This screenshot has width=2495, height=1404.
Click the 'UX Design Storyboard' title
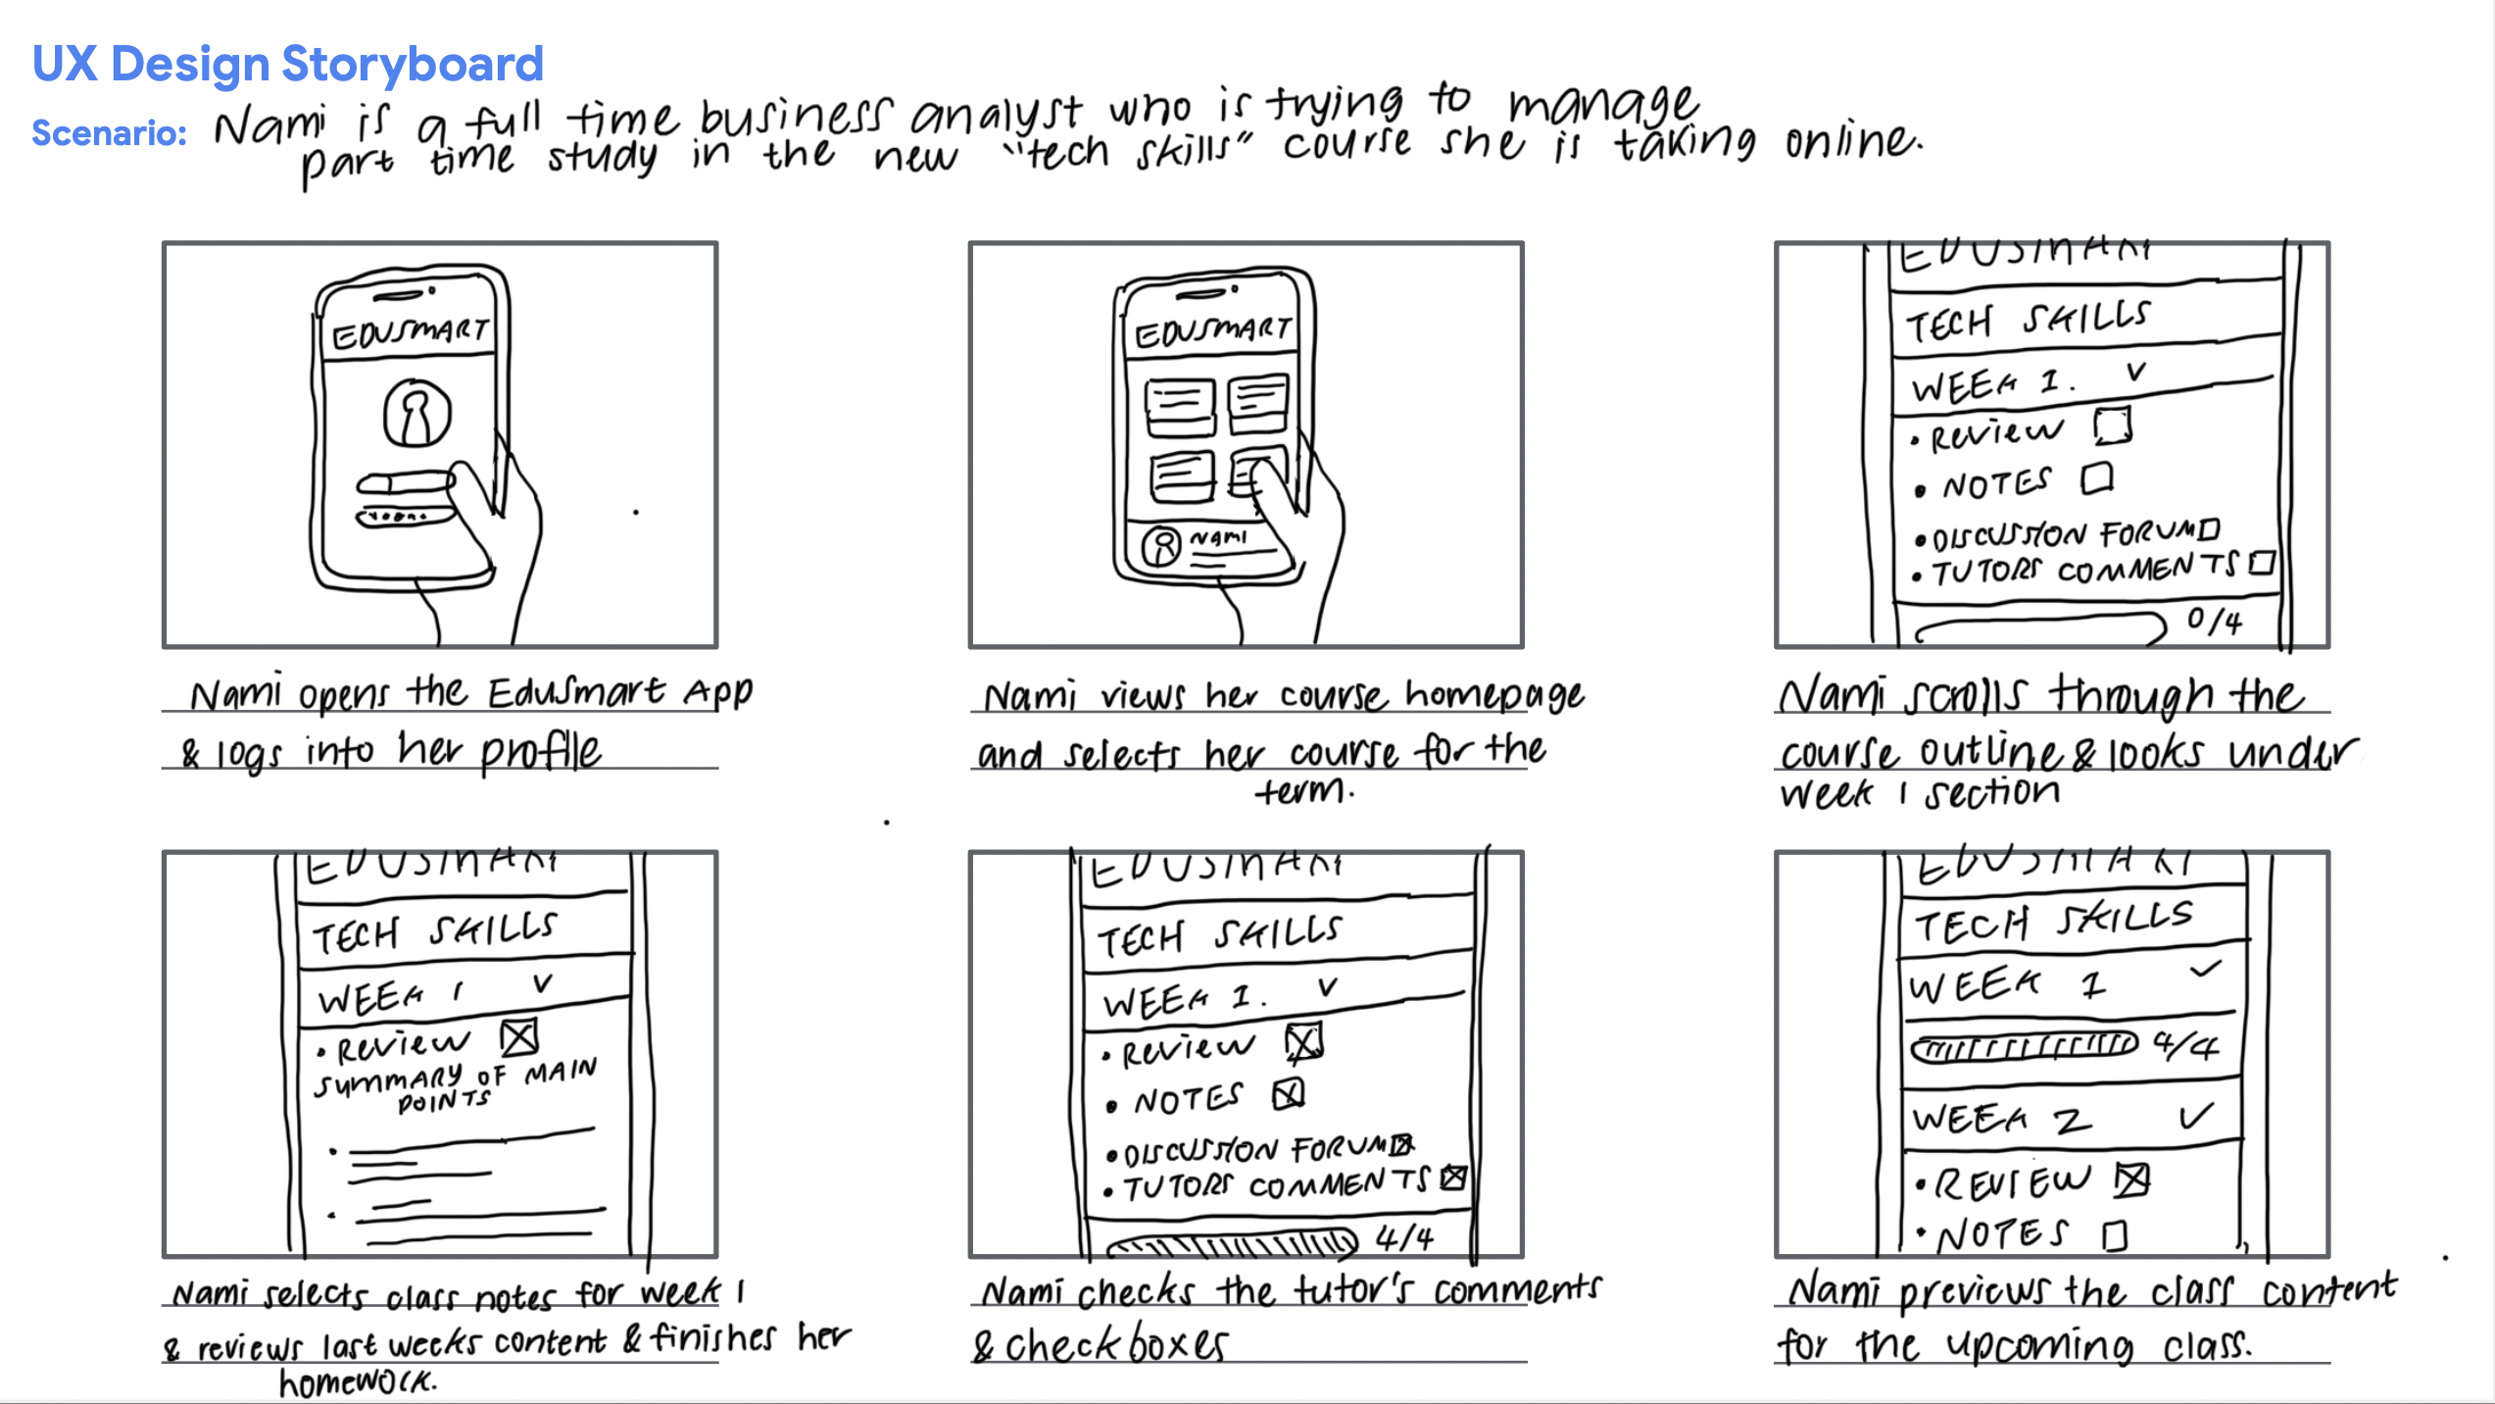[287, 65]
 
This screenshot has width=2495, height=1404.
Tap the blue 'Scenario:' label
[109, 132]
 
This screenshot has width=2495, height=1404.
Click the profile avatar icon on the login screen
[416, 413]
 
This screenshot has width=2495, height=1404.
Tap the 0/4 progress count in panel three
[2214, 620]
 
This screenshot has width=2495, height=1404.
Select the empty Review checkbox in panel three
[2112, 426]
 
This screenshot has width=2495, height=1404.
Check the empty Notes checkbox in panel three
[2096, 478]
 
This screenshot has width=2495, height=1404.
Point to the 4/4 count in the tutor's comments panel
[1404, 1237]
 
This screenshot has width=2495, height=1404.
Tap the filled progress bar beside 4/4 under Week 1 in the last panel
[2026, 1046]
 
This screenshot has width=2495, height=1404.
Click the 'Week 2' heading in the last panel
[2000, 1119]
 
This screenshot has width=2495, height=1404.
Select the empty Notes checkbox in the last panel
[2115, 1235]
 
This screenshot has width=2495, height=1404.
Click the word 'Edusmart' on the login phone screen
[410, 332]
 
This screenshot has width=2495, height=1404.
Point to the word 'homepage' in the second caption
[1493, 695]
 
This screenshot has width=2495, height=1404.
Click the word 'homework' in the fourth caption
[357, 1382]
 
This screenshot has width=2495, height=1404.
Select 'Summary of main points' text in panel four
[455, 1084]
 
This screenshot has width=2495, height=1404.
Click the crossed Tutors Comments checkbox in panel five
[1453, 1178]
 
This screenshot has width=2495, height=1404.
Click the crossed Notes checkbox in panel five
[1289, 1093]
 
